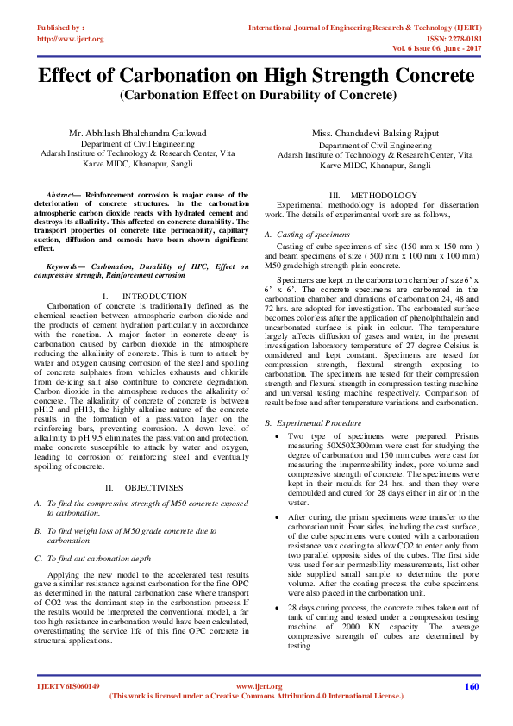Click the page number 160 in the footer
click(x=471, y=687)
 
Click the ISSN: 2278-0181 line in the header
click(x=448, y=40)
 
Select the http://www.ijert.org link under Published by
click(x=70, y=40)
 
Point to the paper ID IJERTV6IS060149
click(x=68, y=687)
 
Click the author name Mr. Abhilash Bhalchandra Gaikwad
click(x=138, y=134)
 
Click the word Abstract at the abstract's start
click(x=60, y=196)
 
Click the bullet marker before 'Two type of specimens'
click(x=278, y=438)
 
